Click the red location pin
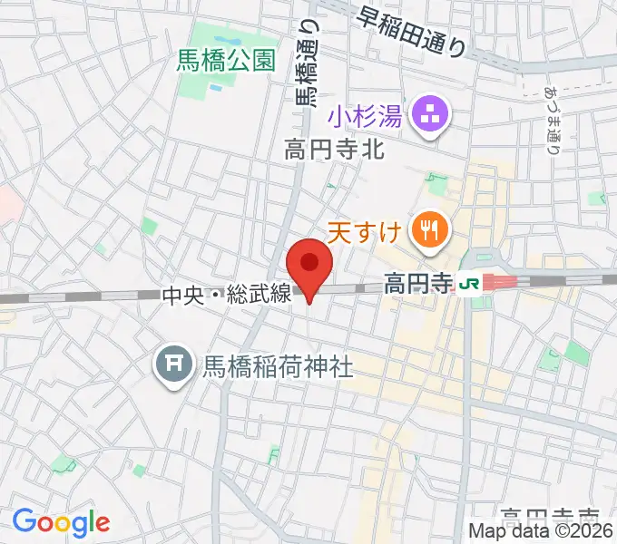pos(309,267)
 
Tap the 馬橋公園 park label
pos(227,62)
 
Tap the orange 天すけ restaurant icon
pos(426,231)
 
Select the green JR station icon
pos(470,283)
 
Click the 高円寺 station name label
pos(416,284)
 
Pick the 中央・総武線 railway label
pos(226,294)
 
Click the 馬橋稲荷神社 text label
pos(276,366)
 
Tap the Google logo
pos(61,521)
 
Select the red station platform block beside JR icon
pos(500,282)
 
